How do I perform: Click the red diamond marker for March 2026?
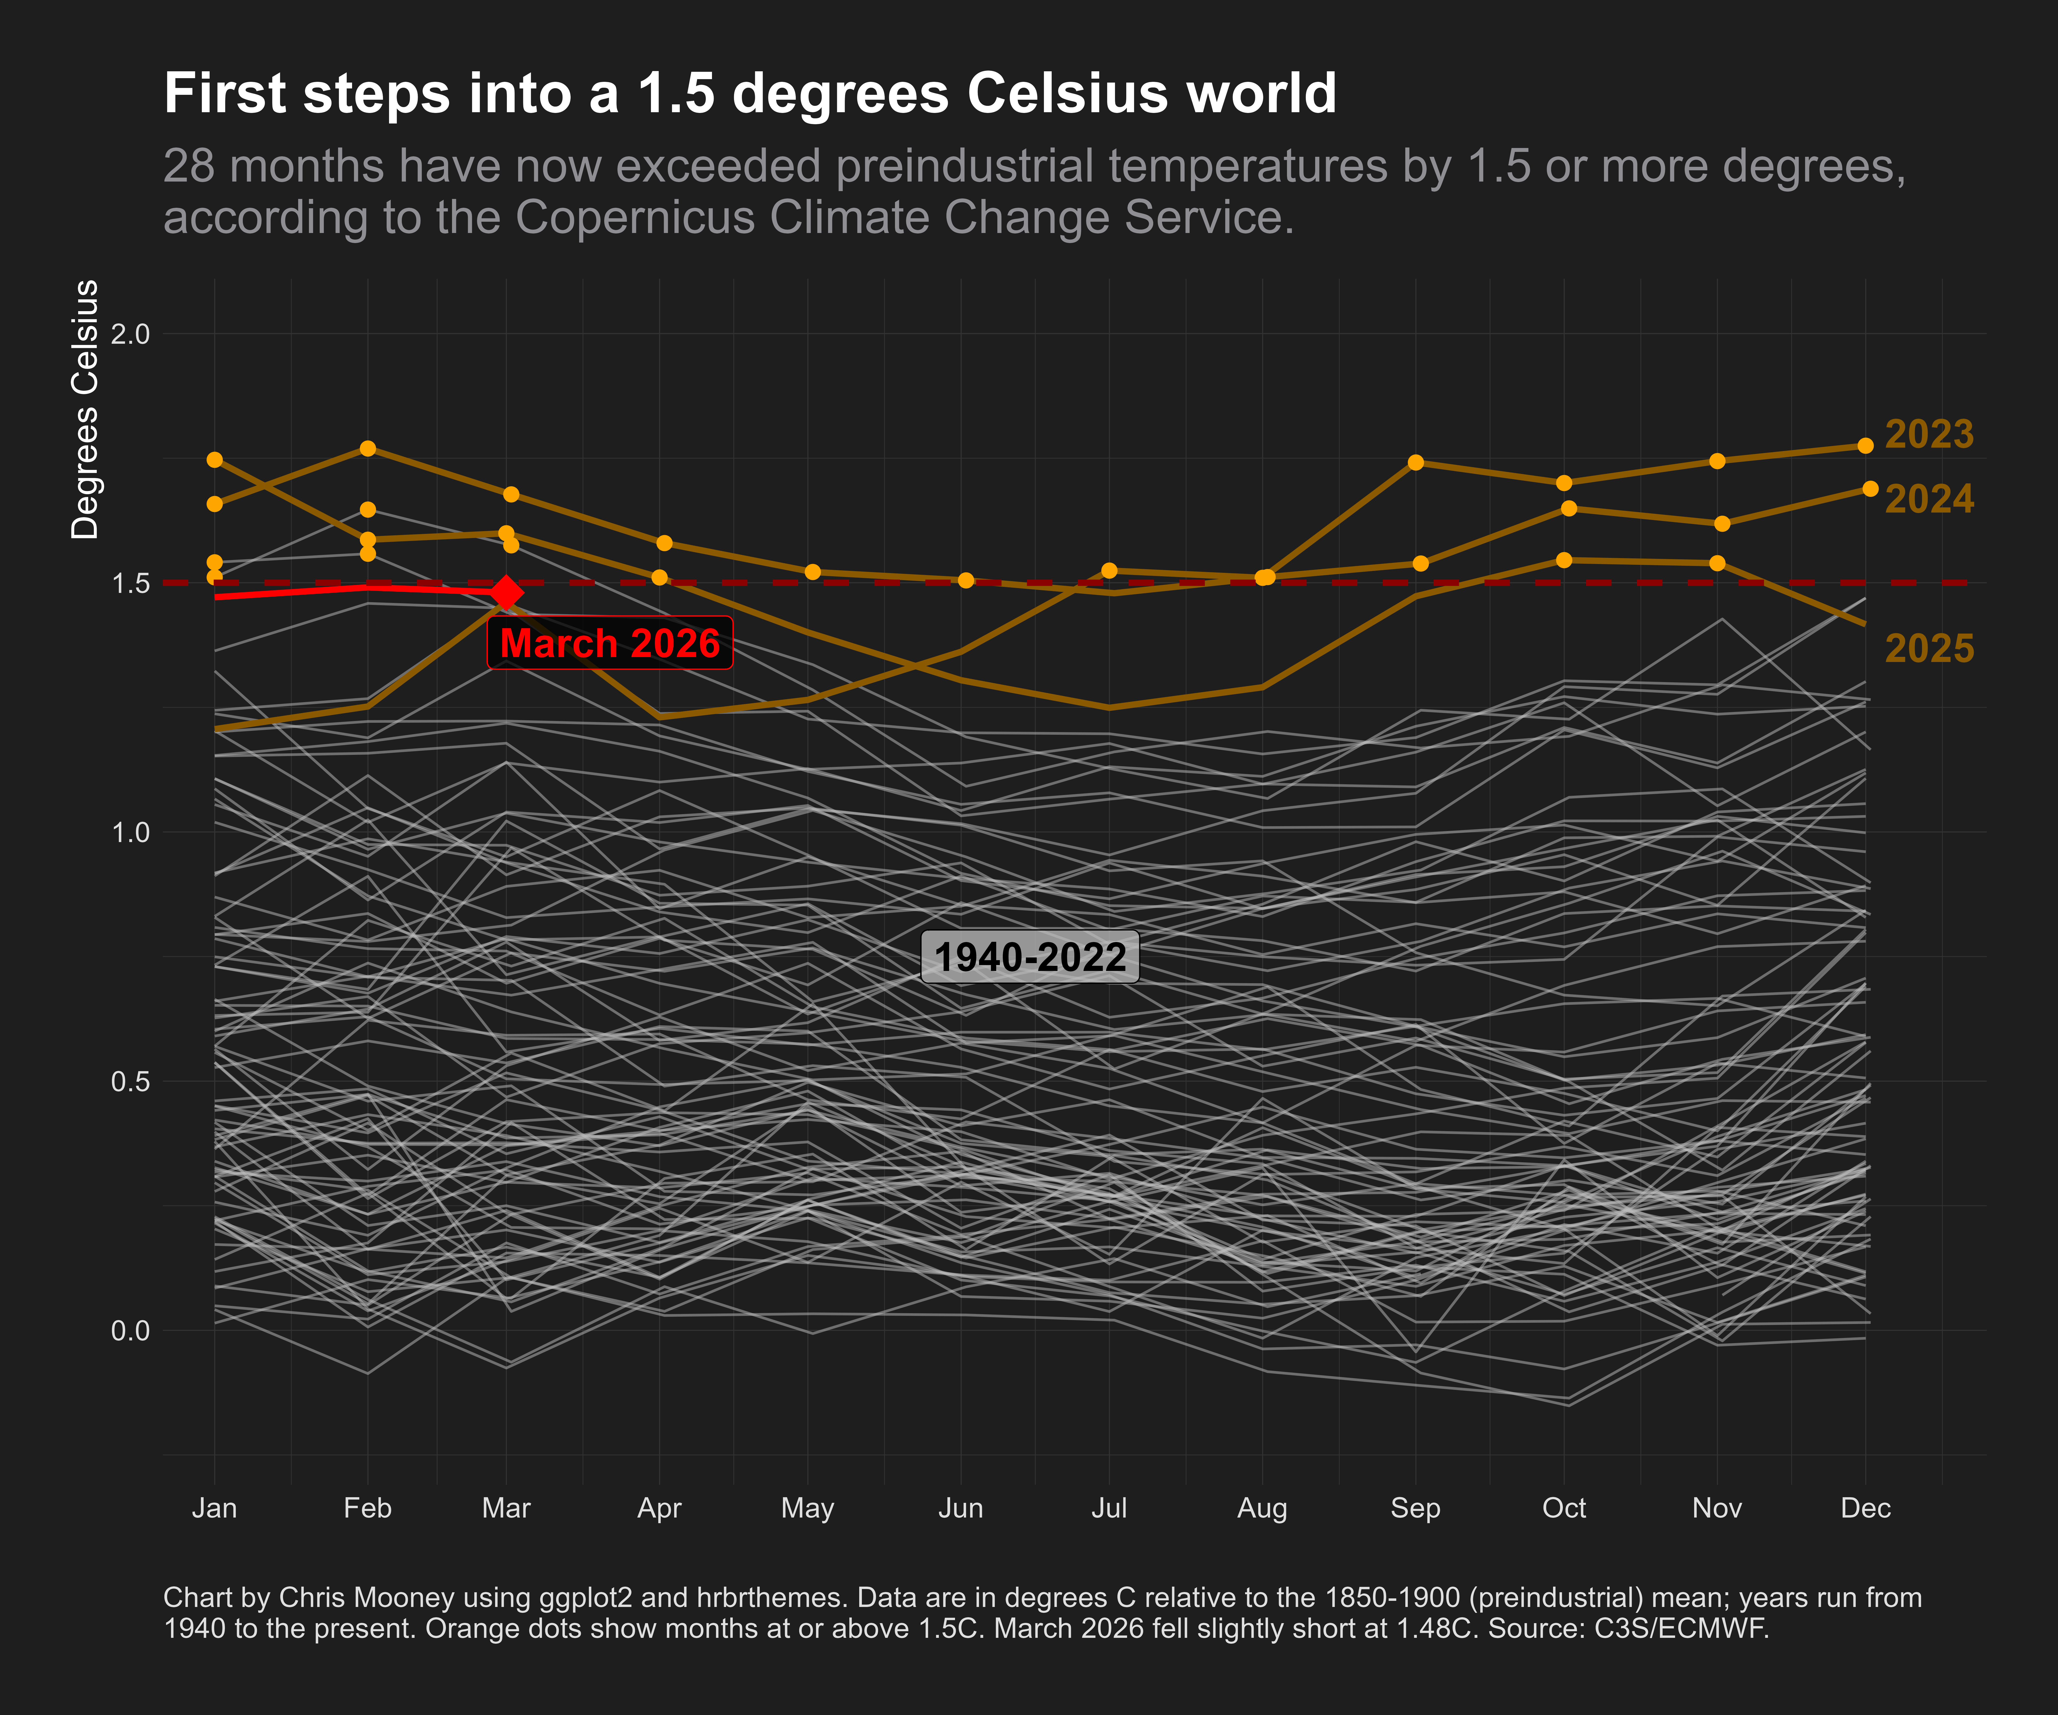(506, 593)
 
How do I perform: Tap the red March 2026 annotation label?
(610, 644)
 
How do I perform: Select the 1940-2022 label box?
(1030, 957)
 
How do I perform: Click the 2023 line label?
(1929, 434)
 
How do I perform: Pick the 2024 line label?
(1929, 500)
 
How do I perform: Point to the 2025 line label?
(1929, 649)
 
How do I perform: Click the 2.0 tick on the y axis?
(130, 334)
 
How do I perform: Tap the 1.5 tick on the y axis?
(130, 583)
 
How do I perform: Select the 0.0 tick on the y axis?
(130, 1331)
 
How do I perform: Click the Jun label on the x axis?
(960, 1508)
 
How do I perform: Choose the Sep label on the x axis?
(1415, 1508)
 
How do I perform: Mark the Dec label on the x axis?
(1865, 1508)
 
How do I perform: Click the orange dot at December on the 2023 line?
(1865, 446)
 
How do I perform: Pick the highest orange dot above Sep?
(1415, 463)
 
